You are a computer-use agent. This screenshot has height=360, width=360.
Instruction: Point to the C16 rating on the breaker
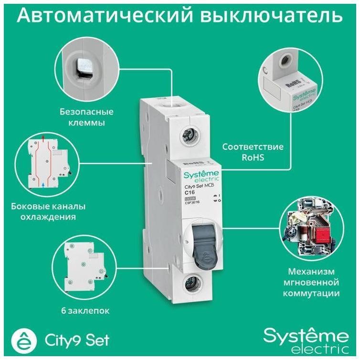coord(191,192)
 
